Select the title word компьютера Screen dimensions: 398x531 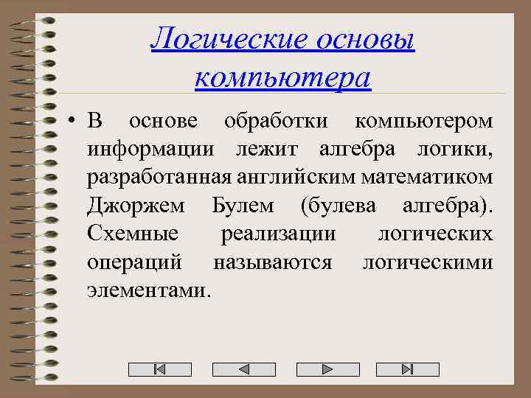pos(283,76)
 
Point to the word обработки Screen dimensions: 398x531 pos(274,120)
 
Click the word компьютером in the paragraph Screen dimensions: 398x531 pos(424,120)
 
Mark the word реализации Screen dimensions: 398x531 pos(279,234)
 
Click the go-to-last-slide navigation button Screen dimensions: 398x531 pos(408,369)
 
